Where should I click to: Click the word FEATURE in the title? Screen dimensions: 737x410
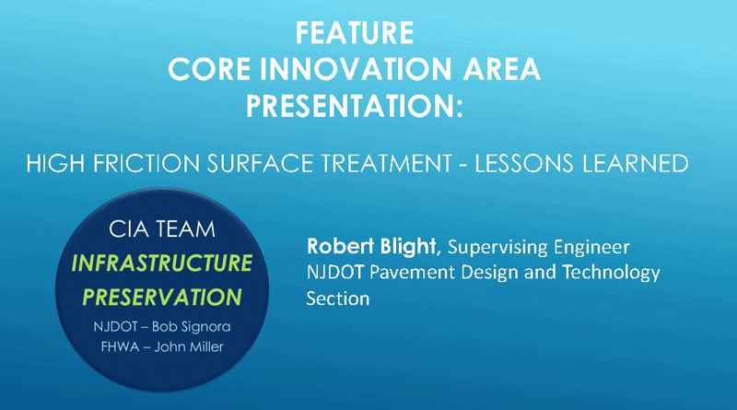(x=355, y=33)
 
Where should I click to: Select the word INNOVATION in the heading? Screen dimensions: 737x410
(x=356, y=69)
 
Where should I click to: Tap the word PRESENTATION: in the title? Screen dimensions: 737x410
(x=355, y=106)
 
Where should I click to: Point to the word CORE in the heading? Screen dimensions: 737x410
(x=209, y=69)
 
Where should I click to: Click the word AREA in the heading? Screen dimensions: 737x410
(x=501, y=69)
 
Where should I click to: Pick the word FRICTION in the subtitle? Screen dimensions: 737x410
(x=146, y=164)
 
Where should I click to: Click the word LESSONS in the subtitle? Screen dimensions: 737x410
(x=524, y=164)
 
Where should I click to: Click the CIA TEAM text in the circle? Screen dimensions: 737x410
(x=162, y=229)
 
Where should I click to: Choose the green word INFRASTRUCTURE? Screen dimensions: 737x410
(x=162, y=263)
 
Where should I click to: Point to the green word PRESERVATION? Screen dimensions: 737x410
(x=162, y=298)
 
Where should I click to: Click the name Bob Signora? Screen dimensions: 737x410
(x=192, y=326)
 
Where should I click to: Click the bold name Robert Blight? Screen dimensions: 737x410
(x=371, y=246)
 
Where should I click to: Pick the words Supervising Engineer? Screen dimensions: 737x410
(x=539, y=247)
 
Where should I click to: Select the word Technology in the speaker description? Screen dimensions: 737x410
(x=611, y=273)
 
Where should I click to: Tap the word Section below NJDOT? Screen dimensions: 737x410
(x=338, y=299)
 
